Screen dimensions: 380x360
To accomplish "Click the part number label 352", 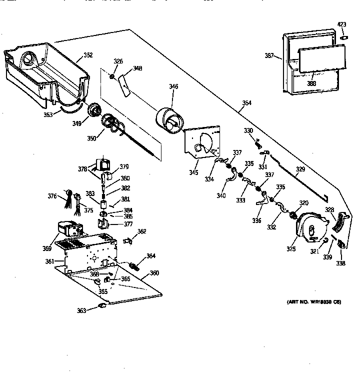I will [88, 55].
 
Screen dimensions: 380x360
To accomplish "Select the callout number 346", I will [173, 86].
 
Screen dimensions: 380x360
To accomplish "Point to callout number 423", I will [342, 24].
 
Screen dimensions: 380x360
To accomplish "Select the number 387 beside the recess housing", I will [269, 56].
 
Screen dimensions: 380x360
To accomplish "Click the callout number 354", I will [247, 103].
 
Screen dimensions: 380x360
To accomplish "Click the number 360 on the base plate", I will [154, 273].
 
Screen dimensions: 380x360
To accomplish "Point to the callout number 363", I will [81, 310].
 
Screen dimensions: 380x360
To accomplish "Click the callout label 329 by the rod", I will [300, 170].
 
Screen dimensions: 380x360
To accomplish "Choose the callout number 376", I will [52, 196].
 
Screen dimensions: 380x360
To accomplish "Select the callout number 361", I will [49, 261].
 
